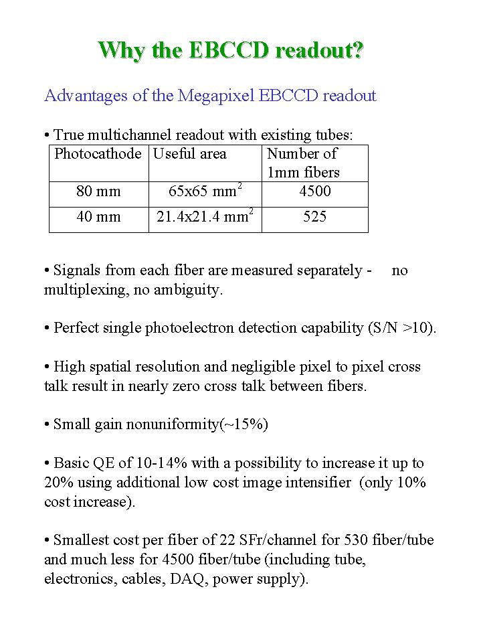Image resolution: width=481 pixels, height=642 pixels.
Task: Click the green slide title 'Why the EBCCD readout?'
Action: coord(231,51)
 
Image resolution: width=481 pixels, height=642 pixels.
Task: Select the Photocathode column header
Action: coord(98,154)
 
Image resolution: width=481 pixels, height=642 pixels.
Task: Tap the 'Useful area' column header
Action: coord(190,154)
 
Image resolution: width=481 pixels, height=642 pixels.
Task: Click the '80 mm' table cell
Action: coord(98,191)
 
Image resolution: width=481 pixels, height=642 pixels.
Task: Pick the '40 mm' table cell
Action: coord(98,217)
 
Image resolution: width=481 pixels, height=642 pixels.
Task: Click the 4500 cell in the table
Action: coord(314,191)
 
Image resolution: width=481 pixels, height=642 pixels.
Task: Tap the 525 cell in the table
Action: coord(314,217)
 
